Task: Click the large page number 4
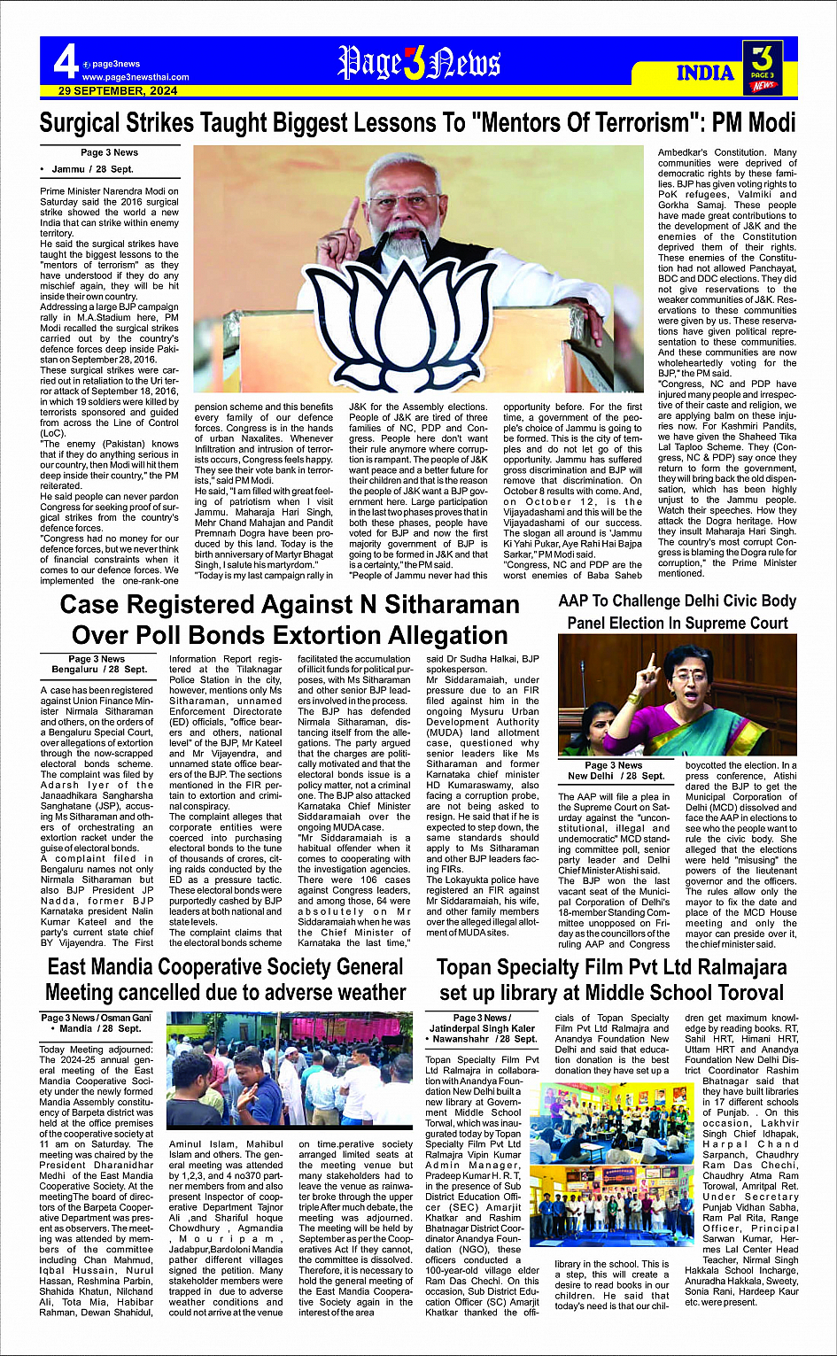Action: coord(65,62)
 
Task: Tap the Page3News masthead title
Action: coord(419,64)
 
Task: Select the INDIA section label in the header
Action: coord(705,73)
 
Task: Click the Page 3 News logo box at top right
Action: coord(762,67)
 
